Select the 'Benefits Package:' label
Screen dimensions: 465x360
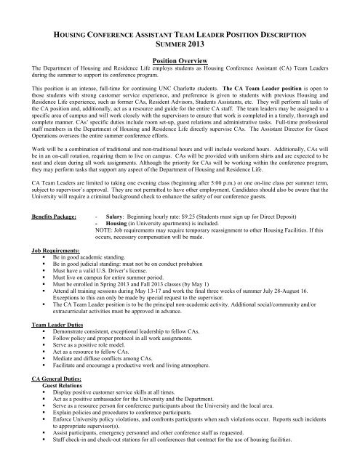coord(53,217)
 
